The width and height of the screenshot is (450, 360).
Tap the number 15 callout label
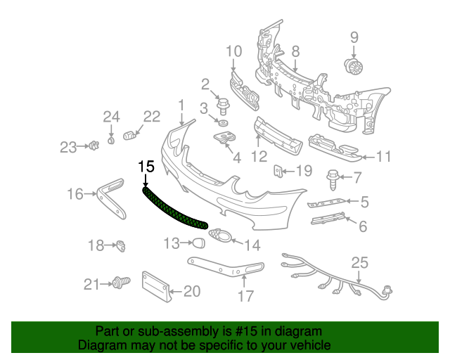click(x=146, y=167)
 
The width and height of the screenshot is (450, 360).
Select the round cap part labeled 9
click(x=354, y=67)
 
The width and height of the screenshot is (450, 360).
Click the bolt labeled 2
click(x=224, y=108)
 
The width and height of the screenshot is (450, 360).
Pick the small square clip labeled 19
click(x=278, y=170)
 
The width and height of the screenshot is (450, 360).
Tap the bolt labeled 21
click(x=120, y=283)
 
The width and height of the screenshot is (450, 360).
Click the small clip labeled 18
click(x=121, y=245)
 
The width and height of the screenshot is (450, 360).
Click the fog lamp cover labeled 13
click(x=199, y=243)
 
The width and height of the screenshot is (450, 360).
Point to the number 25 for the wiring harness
click(x=360, y=263)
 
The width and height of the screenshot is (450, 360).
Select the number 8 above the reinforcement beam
click(x=295, y=51)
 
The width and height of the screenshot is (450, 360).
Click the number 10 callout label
click(x=233, y=51)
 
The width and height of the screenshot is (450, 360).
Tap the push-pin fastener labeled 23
click(x=90, y=146)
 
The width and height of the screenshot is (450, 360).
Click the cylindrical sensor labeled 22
click(x=129, y=134)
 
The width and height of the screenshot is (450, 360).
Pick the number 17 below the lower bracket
click(x=245, y=296)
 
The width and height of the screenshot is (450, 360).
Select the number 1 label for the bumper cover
click(x=181, y=105)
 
